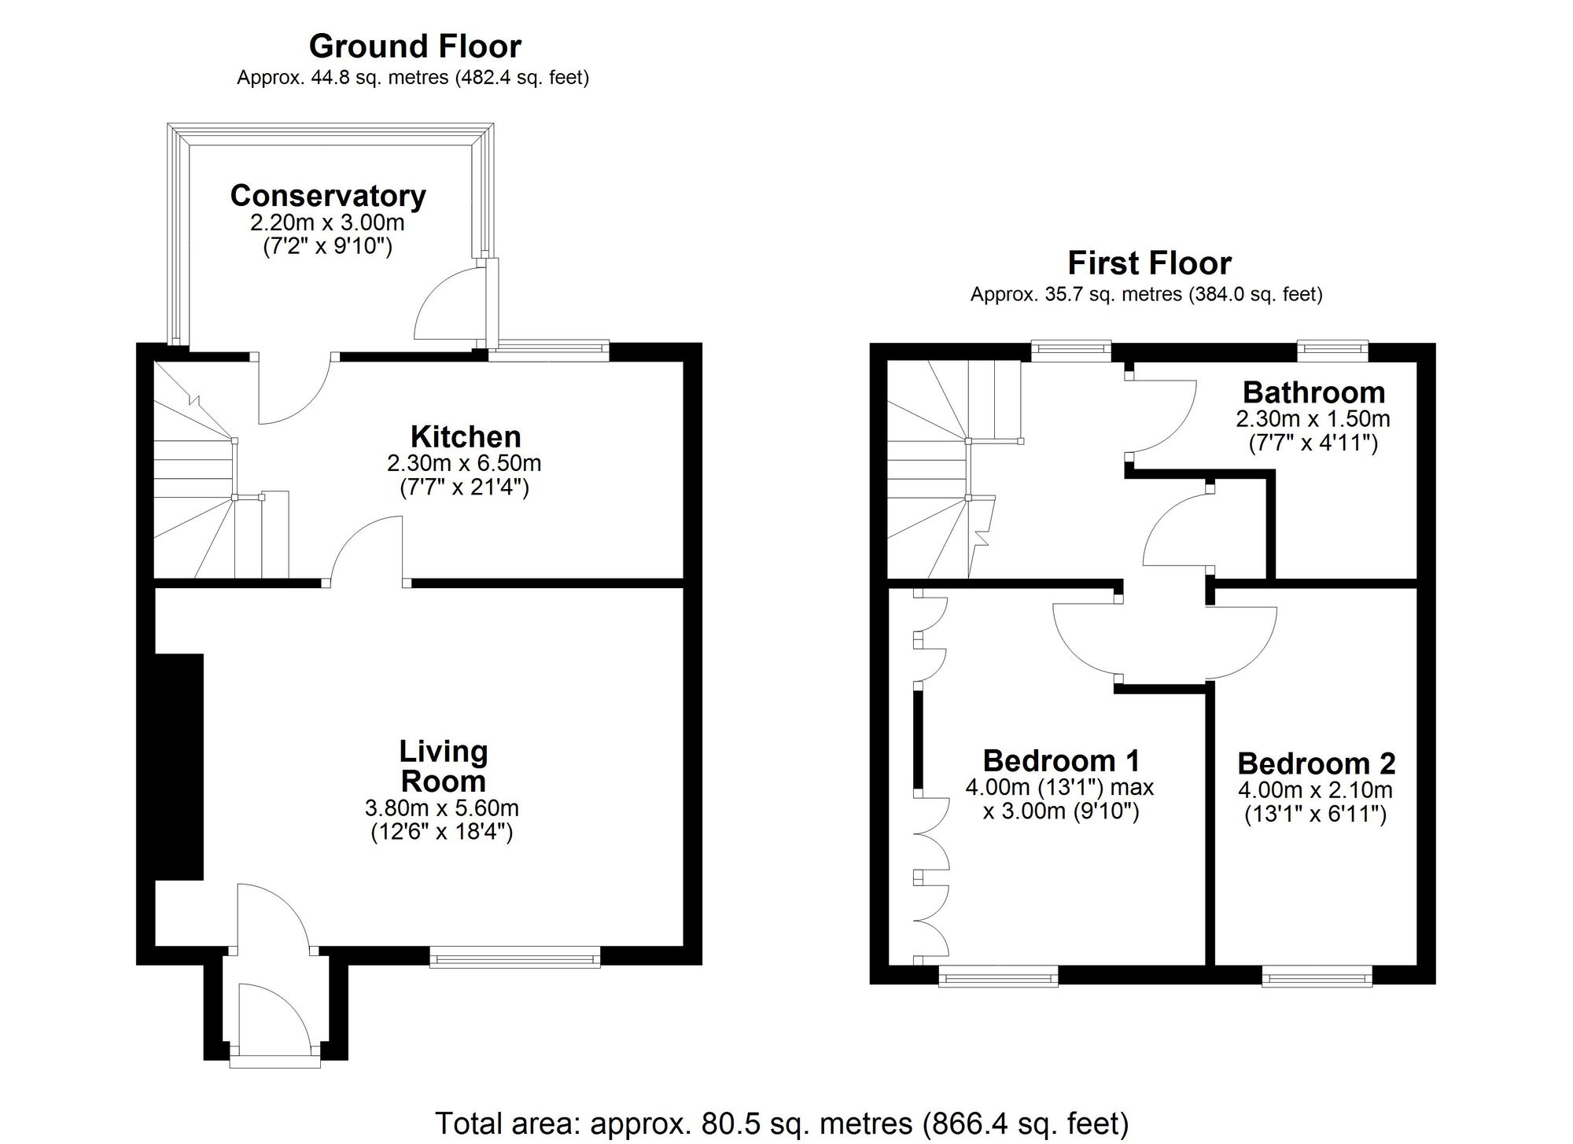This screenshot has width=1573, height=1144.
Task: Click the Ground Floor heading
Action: click(x=414, y=47)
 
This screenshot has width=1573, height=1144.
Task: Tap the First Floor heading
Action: click(x=1149, y=263)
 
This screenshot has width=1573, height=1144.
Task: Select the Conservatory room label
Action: click(x=328, y=196)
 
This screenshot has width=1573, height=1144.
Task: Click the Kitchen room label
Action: click(x=466, y=437)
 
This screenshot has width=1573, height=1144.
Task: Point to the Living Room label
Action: click(x=444, y=767)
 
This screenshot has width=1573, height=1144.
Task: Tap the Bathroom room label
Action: click(x=1313, y=392)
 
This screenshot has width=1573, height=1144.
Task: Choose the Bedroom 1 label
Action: click(x=1061, y=760)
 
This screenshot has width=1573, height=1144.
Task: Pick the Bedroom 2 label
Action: click(x=1316, y=763)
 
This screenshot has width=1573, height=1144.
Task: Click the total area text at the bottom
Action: click(x=782, y=1124)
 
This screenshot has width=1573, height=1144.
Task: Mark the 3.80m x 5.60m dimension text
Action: click(x=442, y=808)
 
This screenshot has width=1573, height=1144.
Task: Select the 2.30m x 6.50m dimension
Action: click(x=464, y=463)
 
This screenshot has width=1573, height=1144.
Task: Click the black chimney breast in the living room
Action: click(x=180, y=767)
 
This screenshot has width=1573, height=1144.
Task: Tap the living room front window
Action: click(x=515, y=956)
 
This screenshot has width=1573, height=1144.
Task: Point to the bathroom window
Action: click(x=1332, y=351)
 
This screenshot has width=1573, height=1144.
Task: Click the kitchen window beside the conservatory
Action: click(x=549, y=351)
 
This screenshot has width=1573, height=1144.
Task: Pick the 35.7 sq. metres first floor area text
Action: click(x=1146, y=295)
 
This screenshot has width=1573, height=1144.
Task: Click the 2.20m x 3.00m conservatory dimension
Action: click(x=327, y=223)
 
